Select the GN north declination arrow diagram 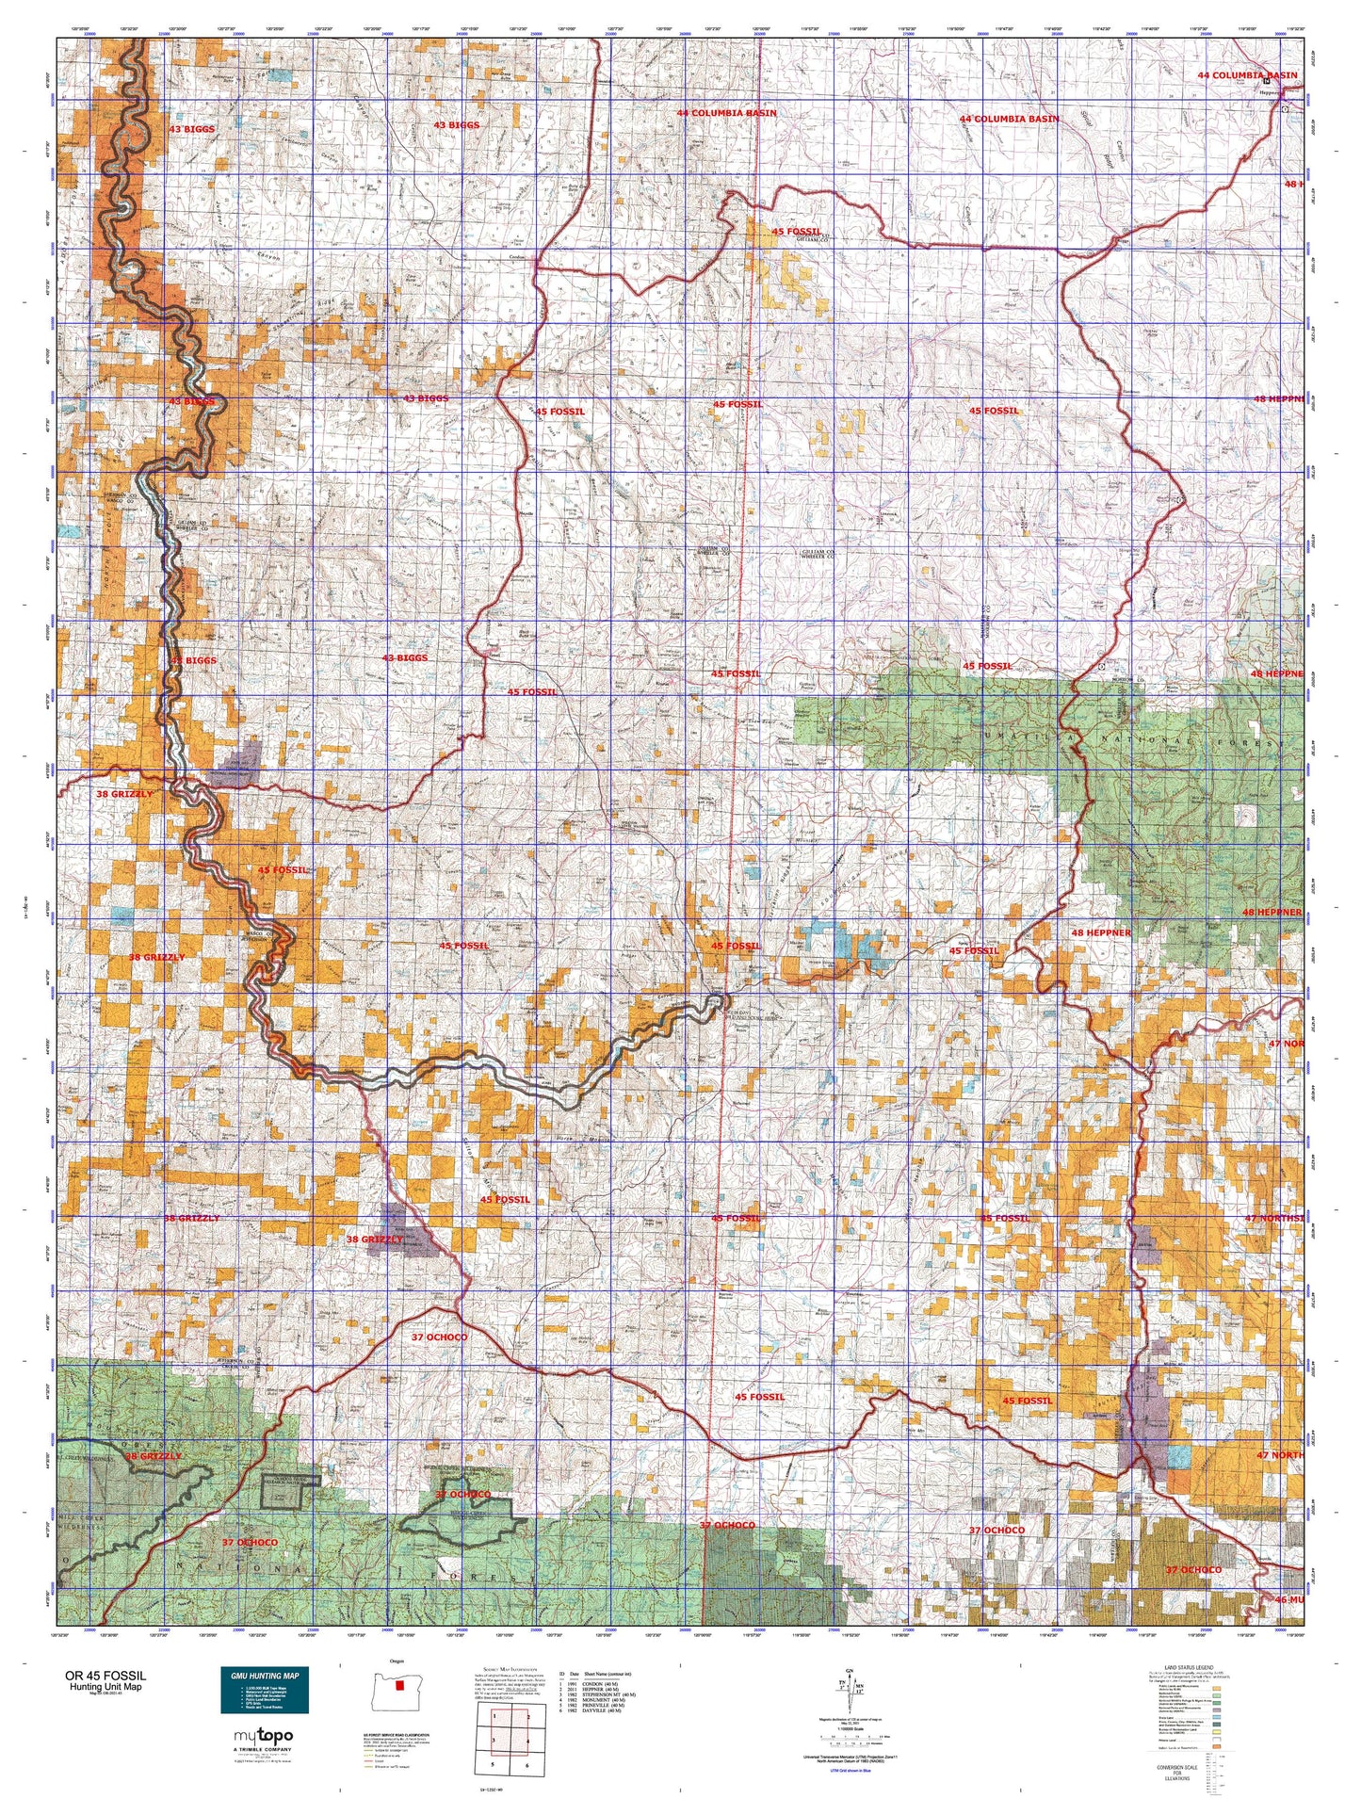click(855, 1692)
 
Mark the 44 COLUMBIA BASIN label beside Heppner click(1247, 75)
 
